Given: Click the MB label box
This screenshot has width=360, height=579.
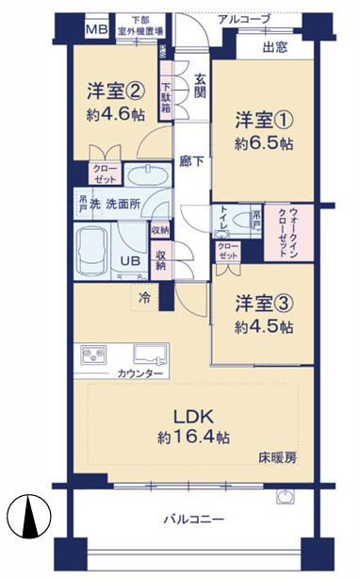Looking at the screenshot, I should pos(97,29).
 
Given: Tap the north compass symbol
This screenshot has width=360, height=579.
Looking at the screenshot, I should pos(27,517).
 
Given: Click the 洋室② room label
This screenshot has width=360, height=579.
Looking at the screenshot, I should pos(115,91).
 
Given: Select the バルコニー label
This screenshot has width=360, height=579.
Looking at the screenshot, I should pos(192,519).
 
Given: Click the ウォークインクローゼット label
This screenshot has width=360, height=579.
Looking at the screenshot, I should pos(282,232).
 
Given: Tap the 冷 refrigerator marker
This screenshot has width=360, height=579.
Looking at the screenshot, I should pos(144,297).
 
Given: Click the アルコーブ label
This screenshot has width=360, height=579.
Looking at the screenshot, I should pos(242,19).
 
